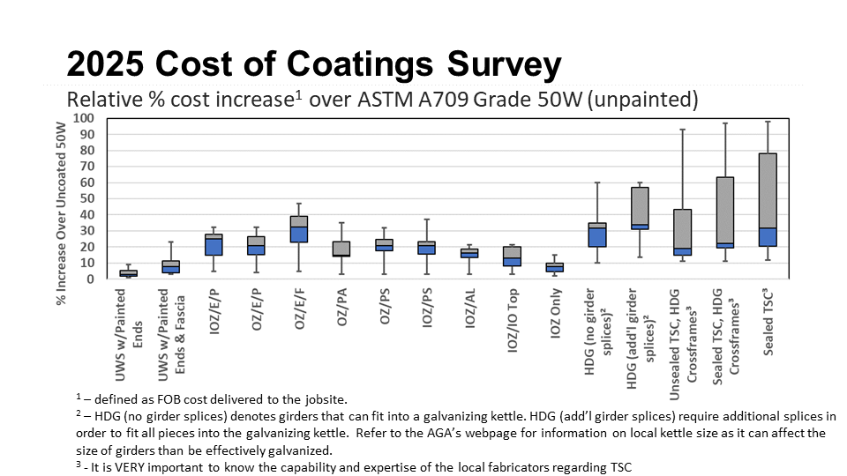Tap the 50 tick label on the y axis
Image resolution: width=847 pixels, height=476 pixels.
coord(86,198)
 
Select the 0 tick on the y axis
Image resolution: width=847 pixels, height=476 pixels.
coord(89,279)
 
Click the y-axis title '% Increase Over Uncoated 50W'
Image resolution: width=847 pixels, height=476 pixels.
coord(61,198)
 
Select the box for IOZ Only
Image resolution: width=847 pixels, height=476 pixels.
coord(554,267)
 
